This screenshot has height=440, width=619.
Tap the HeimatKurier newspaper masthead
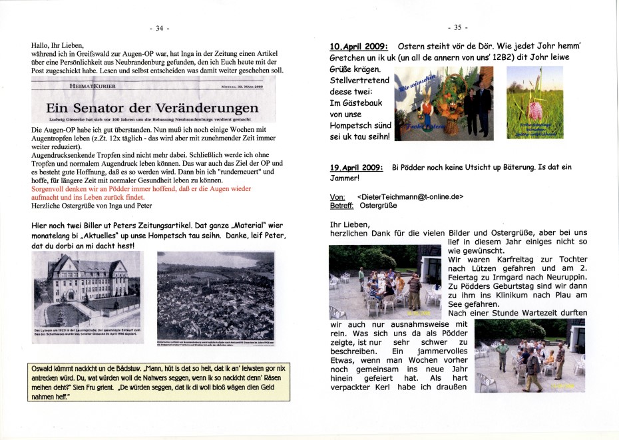(x=93, y=86)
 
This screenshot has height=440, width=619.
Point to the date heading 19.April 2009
(x=356, y=167)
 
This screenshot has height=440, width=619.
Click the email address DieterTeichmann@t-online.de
(x=410, y=197)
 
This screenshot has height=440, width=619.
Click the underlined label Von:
(x=337, y=197)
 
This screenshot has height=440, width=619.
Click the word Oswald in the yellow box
(x=44, y=368)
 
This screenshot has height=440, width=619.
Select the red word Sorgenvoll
(x=51, y=189)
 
